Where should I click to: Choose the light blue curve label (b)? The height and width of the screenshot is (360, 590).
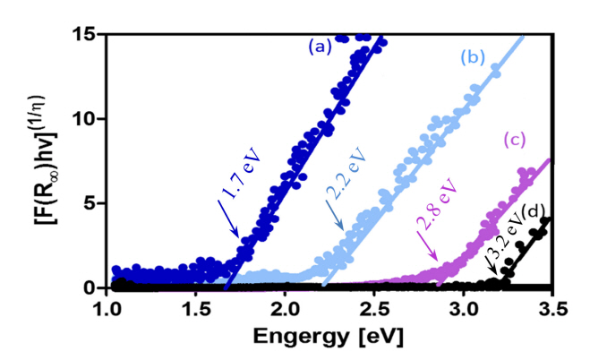472,59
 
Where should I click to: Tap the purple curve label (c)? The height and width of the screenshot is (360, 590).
514,139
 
